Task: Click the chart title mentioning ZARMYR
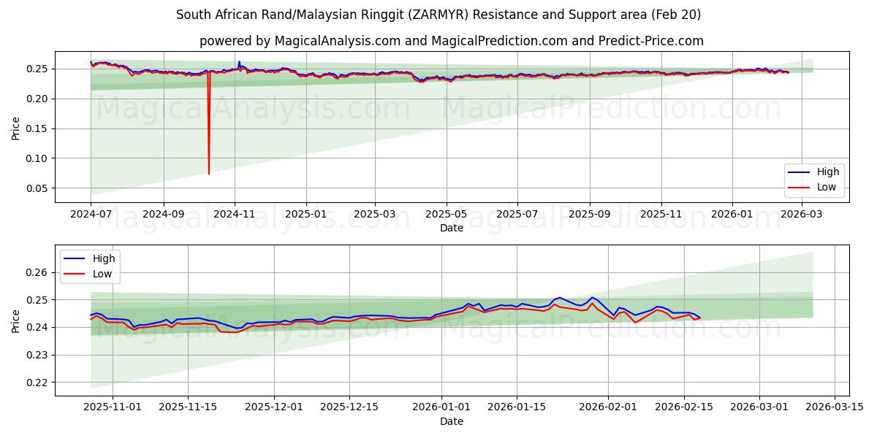click(438, 15)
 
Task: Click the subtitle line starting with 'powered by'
click(451, 41)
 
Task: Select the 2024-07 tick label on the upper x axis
click(91, 215)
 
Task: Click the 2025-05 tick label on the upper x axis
click(446, 215)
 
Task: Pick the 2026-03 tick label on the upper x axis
click(802, 215)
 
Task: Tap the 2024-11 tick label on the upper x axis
click(235, 215)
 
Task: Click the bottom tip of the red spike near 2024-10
click(209, 174)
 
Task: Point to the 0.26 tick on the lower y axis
click(37, 272)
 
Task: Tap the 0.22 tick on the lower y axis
click(37, 383)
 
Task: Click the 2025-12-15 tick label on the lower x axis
click(350, 407)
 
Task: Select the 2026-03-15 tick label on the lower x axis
click(835, 407)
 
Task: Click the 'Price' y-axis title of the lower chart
click(16, 320)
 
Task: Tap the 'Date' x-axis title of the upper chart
click(451, 228)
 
